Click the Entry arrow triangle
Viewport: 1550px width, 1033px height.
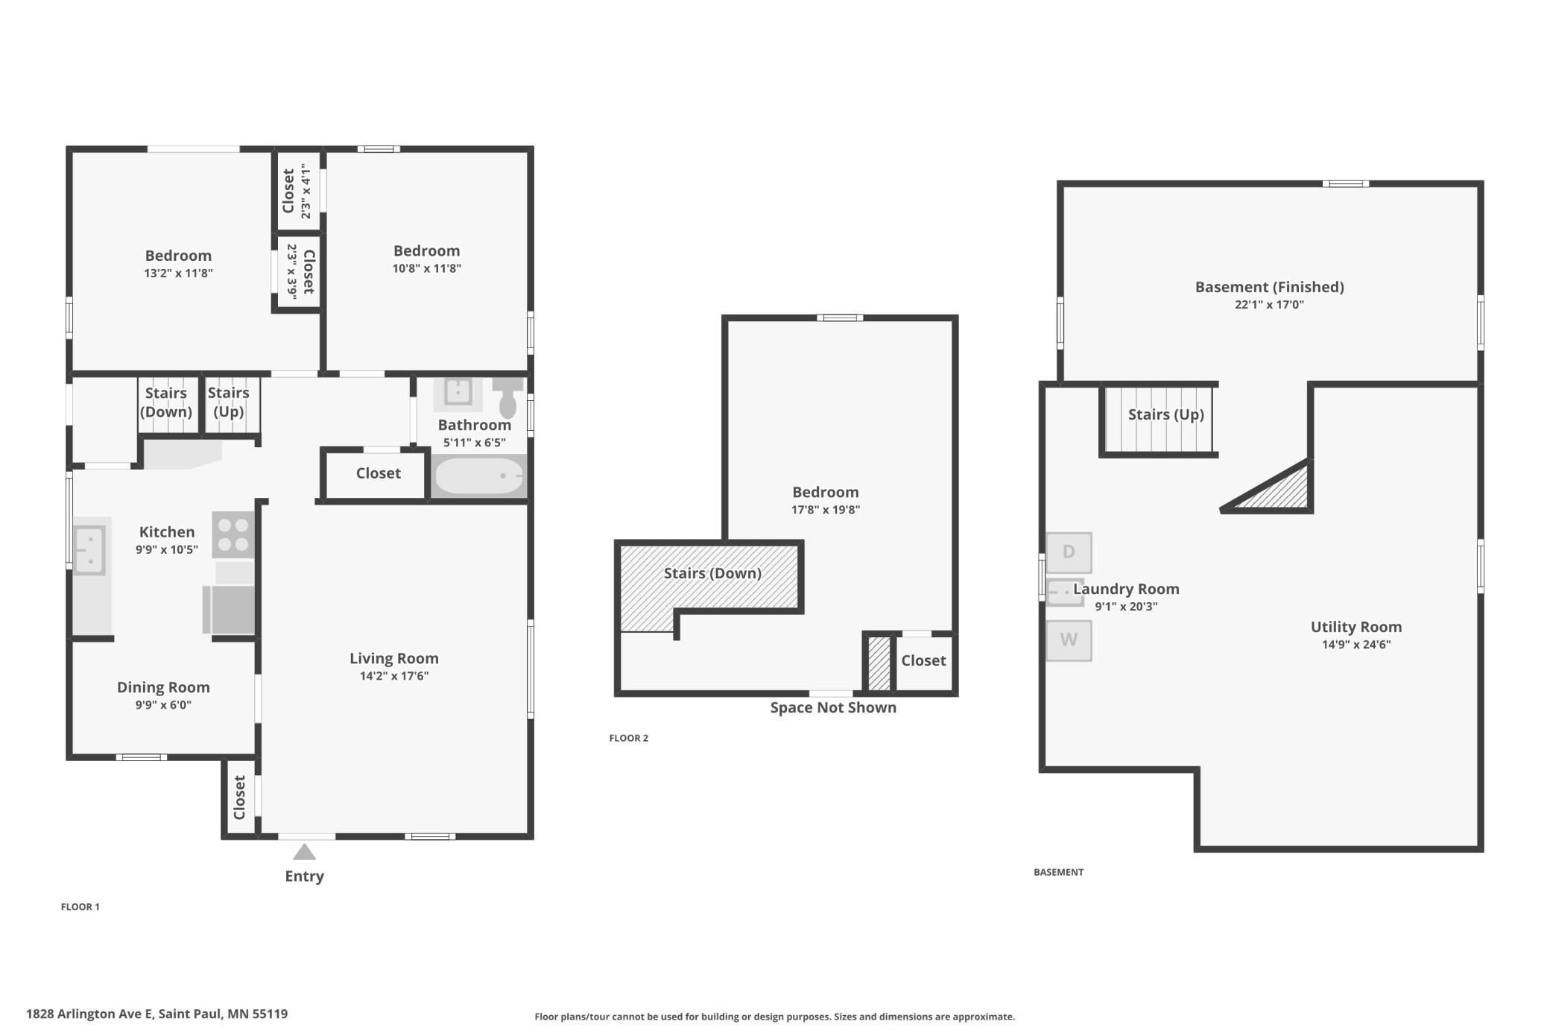(304, 851)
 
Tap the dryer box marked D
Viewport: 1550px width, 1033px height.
(1069, 552)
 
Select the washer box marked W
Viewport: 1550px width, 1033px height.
(1069, 640)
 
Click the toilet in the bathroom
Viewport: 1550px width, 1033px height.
(508, 397)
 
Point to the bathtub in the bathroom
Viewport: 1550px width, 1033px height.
(479, 476)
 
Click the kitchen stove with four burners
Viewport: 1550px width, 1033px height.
(233, 534)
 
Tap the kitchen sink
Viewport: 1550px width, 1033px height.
(89, 550)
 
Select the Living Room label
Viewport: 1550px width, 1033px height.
(394, 658)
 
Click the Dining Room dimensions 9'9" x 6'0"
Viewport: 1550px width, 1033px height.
(163, 705)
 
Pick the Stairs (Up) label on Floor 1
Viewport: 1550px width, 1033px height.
(228, 402)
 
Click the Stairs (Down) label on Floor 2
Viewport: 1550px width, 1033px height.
(712, 573)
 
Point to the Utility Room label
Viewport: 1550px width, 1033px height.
(1356, 627)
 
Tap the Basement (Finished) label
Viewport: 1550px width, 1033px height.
(1270, 287)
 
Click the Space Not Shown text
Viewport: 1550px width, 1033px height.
(833, 707)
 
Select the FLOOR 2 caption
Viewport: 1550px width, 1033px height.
(629, 738)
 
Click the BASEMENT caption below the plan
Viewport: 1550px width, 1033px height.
(1059, 872)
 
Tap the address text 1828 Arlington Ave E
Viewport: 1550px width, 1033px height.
(89, 1014)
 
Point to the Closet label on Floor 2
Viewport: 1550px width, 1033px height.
(923, 660)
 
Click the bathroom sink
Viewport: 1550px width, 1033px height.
(458, 392)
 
